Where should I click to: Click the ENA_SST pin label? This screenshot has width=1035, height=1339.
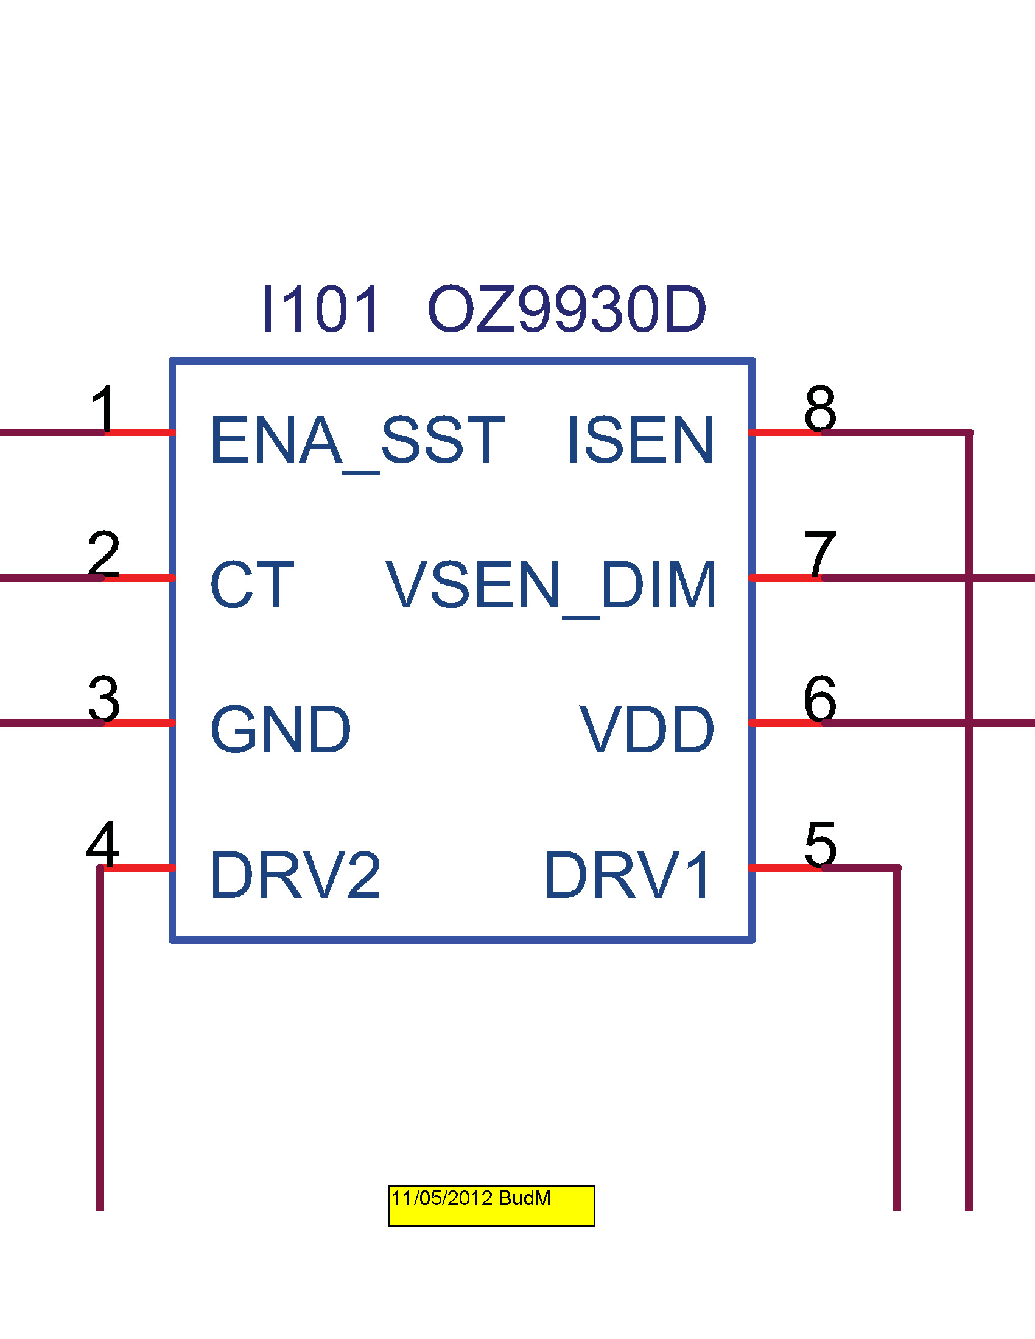tap(357, 440)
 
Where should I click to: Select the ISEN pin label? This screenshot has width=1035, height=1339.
tap(640, 440)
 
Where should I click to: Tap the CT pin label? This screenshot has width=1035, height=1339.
tap(252, 585)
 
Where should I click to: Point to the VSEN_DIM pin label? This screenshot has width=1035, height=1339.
tap(550, 586)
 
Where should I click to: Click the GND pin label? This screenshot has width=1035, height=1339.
tap(280, 730)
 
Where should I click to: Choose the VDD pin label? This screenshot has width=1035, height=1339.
tap(647, 730)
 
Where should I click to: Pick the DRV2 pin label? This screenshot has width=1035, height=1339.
tap(295, 875)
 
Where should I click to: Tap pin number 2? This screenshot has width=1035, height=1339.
tap(103, 554)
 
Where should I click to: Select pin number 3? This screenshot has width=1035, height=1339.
tap(103, 699)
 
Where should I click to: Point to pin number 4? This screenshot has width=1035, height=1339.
tap(103, 844)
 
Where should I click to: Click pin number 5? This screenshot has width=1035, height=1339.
tap(821, 844)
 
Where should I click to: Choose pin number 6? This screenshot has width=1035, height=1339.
tap(820, 699)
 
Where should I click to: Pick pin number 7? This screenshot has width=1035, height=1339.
tap(820, 554)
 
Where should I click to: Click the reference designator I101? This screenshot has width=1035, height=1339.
tap(320, 310)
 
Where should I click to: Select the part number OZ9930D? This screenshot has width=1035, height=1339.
tap(567, 310)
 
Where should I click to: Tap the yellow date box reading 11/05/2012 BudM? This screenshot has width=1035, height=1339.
tap(491, 1206)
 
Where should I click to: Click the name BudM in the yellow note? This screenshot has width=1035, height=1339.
tap(525, 1198)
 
